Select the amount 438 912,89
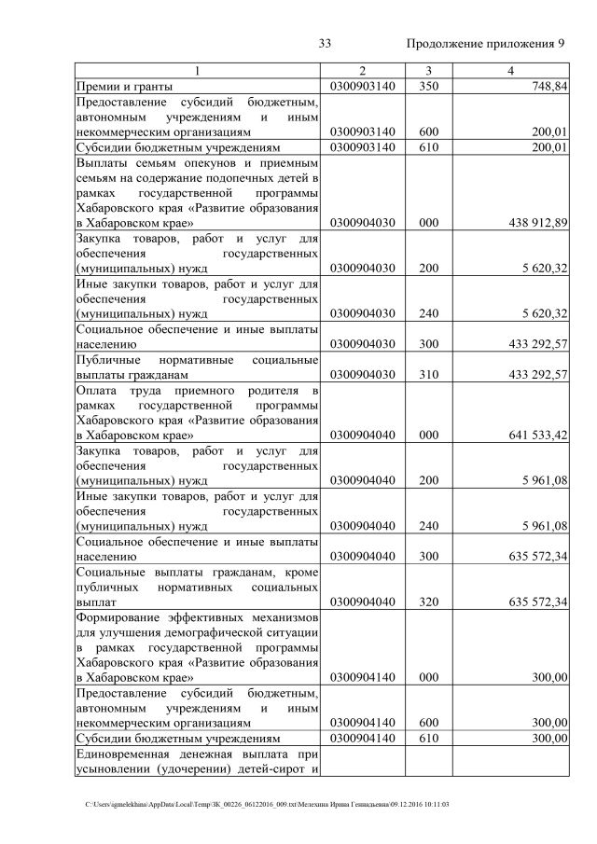534,224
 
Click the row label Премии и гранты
124,87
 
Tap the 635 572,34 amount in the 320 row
534,602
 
